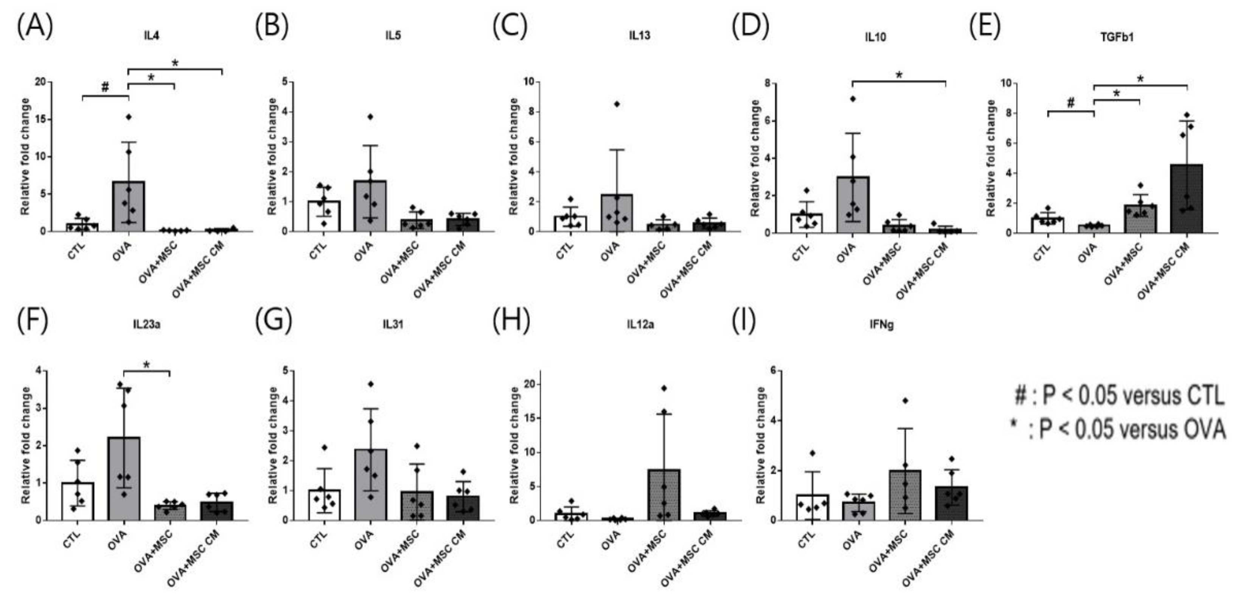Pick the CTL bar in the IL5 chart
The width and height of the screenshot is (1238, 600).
pos(324,216)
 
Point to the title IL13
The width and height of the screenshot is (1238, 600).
pos(640,36)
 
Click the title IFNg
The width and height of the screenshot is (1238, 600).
pos(881,325)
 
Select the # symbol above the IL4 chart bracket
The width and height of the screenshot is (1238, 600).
pos(105,87)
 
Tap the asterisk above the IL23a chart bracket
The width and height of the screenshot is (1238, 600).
pos(147,365)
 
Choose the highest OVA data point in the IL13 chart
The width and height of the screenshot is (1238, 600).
pos(617,104)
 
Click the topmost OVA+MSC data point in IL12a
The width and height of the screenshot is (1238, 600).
pos(664,388)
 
